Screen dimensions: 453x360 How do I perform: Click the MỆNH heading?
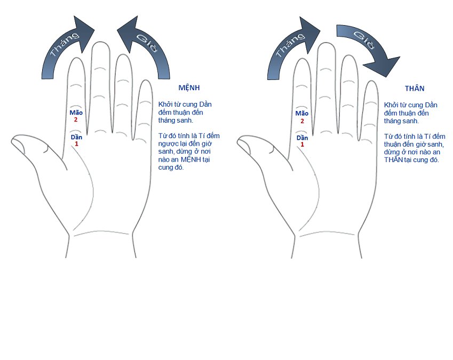tap(189, 88)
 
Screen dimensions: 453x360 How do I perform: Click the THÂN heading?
tap(415, 89)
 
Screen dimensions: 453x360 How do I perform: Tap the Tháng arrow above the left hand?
tap(68, 47)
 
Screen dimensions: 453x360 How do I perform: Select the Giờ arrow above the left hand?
tap(144, 47)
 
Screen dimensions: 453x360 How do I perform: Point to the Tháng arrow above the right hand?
tap(294, 48)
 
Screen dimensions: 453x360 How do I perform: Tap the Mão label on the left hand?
tap(76, 113)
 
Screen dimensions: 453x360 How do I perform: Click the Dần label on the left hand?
tap(76, 137)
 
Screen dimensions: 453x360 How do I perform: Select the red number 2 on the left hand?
tap(76, 119)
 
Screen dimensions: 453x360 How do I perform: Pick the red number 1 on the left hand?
tap(76, 144)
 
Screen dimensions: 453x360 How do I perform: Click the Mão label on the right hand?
tap(301, 114)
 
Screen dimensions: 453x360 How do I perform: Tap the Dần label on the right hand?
tap(302, 138)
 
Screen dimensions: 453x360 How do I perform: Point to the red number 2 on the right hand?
tap(302, 121)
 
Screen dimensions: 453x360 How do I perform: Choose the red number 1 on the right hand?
tap(302, 145)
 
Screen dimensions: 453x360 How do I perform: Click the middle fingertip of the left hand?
tap(101, 43)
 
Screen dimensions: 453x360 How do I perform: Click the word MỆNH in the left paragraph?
tap(191, 159)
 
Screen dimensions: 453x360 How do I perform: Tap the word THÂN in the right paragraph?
tap(393, 159)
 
